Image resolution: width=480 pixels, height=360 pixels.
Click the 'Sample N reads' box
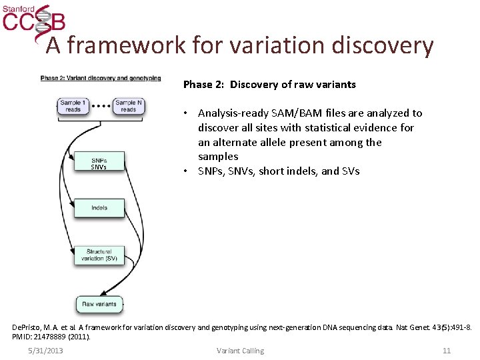pos(128,106)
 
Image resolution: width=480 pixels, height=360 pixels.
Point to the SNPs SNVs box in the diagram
pos(99,163)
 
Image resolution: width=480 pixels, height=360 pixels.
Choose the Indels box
pos(99,208)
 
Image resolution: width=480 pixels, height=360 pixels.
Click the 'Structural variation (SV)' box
pos(99,255)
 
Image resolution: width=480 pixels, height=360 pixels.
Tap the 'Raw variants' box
pos(99,304)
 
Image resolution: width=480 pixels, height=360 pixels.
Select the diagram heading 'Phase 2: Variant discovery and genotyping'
pos(101,78)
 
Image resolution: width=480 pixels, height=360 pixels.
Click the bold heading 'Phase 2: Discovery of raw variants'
pos(269,85)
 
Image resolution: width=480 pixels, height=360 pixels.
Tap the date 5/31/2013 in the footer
pos(45,351)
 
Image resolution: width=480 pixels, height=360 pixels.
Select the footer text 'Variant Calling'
pos(240,351)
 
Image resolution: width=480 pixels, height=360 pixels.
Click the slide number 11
pos(447,351)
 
